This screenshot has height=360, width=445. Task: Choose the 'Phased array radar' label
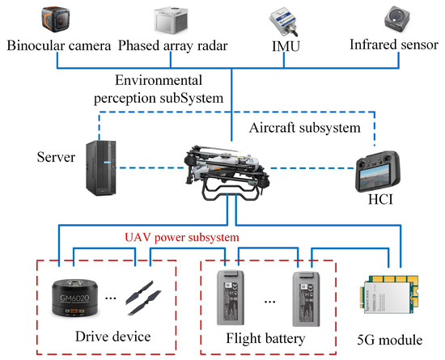point(175,45)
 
